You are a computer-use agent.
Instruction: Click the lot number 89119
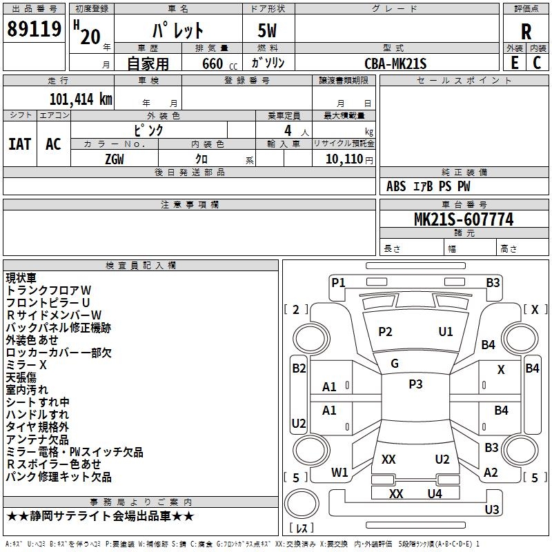pos(34,29)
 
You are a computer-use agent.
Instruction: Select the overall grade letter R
pos(526,32)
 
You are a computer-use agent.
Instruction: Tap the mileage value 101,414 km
pos(81,99)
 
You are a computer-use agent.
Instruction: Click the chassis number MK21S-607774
pos(464,219)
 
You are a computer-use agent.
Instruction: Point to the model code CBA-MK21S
pos(395,63)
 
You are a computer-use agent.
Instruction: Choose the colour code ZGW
pos(115,159)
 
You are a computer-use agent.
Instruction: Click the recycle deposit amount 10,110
pos(344,159)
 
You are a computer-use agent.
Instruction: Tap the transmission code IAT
pos(20,144)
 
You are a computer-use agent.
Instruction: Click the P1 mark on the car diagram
pos(338,283)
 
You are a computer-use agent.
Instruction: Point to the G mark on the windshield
pos(395,363)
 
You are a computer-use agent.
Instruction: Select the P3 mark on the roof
pos(415,384)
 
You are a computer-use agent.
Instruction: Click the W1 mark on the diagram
pos(339,472)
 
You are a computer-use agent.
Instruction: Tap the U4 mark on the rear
pos(435,494)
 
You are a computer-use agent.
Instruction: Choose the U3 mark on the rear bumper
pos(492,509)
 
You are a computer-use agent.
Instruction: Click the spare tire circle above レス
pos(302,504)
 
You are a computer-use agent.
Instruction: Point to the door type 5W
pos(267,30)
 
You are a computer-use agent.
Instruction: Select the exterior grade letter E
pos(515,63)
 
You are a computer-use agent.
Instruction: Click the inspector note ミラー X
pos(26,365)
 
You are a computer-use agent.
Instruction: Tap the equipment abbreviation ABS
pos(396,186)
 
